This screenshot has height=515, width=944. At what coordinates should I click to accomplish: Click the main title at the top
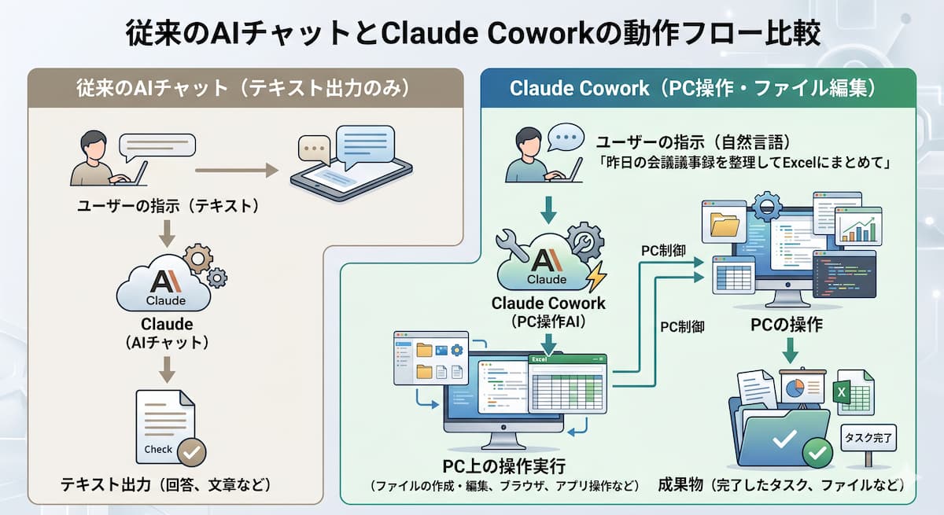(x=472, y=34)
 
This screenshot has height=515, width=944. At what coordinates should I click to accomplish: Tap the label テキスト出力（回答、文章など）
(x=166, y=485)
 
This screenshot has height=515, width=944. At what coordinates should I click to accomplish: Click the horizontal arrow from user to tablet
(x=236, y=169)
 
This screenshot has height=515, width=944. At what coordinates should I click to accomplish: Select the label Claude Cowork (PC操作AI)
(x=548, y=311)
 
